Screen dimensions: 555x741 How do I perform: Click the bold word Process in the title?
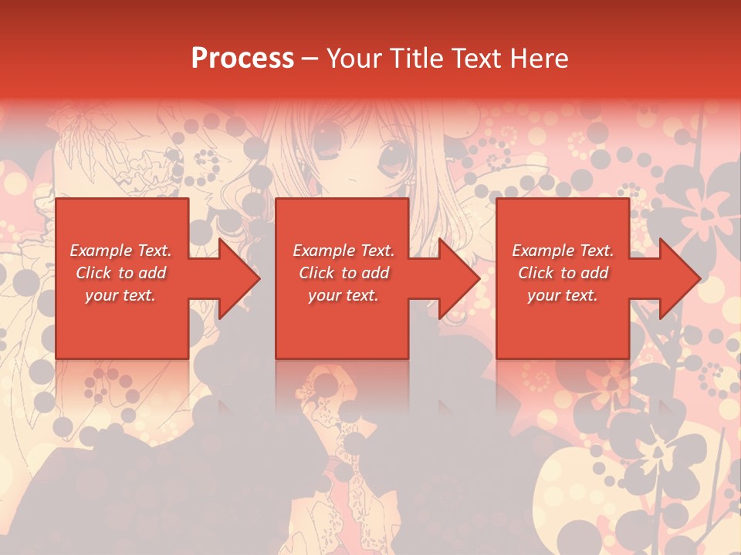(x=242, y=59)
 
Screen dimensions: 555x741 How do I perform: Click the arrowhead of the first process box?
(x=240, y=278)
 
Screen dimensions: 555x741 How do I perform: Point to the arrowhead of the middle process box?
(x=460, y=278)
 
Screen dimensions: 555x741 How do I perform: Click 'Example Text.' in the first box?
(x=120, y=251)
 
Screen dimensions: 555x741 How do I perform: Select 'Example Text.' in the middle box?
(x=343, y=251)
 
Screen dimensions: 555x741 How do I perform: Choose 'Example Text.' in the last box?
(x=563, y=251)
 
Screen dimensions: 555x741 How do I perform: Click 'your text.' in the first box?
(x=120, y=295)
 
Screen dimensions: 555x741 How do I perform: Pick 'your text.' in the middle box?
(x=343, y=295)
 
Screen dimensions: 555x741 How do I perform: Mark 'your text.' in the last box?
(x=563, y=295)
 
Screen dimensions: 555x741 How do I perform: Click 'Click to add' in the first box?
(x=120, y=273)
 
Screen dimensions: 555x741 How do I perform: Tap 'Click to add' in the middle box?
(x=343, y=273)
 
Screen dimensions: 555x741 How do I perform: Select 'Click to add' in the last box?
(x=563, y=273)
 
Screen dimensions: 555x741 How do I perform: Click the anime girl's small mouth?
(x=351, y=179)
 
